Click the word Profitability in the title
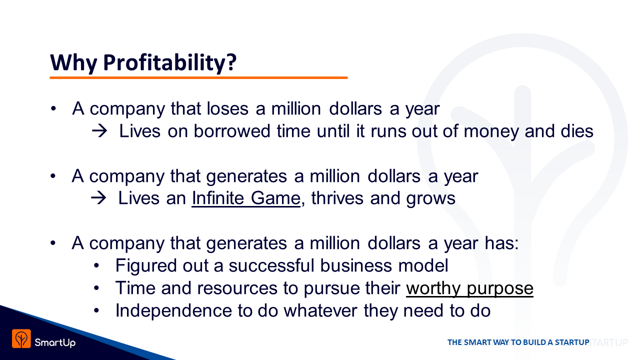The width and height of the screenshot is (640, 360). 170,62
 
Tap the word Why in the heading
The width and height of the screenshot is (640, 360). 73,62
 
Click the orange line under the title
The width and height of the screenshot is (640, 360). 198,77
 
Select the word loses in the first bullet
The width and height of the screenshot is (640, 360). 227,108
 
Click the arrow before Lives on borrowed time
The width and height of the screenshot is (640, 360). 99,131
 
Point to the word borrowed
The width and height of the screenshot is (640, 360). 231,131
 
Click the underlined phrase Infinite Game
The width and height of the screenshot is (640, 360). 246,198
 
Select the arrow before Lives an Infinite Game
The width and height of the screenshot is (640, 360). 98,198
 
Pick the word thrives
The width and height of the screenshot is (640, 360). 337,198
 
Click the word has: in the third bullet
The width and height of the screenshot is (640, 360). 501,243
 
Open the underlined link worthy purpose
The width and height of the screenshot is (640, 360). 469,288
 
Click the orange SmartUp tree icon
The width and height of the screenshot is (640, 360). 21,338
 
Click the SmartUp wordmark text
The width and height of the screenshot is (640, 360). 55,342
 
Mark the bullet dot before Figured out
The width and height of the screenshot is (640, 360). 96,266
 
